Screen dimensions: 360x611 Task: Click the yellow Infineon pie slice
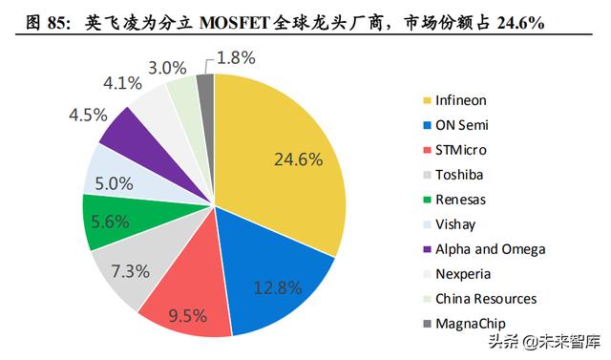(x=286, y=143)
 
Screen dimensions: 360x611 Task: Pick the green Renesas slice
(x=107, y=221)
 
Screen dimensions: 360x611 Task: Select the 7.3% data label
(x=131, y=270)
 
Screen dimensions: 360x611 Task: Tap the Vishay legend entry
(x=455, y=223)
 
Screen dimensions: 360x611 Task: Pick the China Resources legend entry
(x=485, y=299)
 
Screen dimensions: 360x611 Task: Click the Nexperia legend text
(x=462, y=273)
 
